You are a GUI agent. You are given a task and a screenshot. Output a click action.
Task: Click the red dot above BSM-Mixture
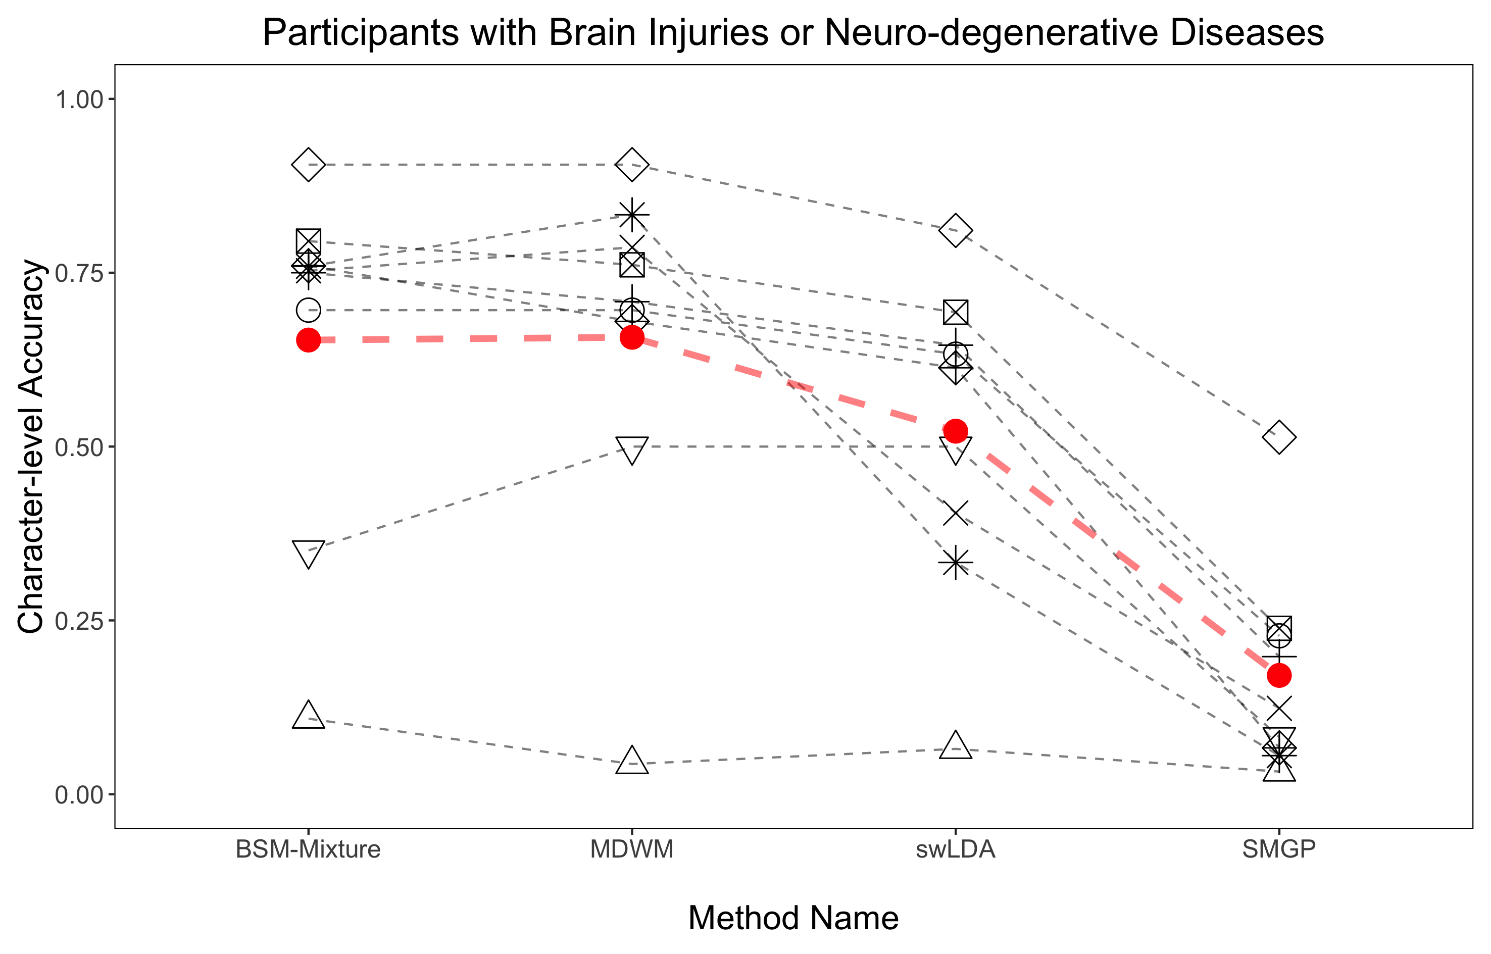click(x=309, y=340)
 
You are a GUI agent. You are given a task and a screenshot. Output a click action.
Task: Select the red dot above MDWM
click(x=632, y=338)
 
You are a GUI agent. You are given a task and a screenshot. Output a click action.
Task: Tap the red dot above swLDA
click(x=955, y=431)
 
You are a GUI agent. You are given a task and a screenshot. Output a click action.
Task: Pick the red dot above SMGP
click(x=1279, y=675)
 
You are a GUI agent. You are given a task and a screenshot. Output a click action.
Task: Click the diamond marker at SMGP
click(x=1279, y=437)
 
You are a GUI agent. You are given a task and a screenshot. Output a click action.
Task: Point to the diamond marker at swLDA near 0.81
click(x=955, y=230)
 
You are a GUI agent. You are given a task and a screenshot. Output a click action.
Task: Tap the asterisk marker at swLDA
click(x=955, y=563)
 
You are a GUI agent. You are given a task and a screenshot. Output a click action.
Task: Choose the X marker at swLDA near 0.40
click(x=955, y=513)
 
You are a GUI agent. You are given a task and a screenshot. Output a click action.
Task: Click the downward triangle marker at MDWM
click(x=632, y=450)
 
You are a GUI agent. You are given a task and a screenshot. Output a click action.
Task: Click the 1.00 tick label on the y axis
click(x=80, y=99)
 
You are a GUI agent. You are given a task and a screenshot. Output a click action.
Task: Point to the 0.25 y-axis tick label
click(x=80, y=621)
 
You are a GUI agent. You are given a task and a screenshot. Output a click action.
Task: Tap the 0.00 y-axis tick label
click(x=80, y=795)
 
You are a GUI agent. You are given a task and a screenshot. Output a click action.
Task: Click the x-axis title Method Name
click(x=793, y=918)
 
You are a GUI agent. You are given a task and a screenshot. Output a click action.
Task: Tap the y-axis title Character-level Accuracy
click(x=31, y=446)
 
